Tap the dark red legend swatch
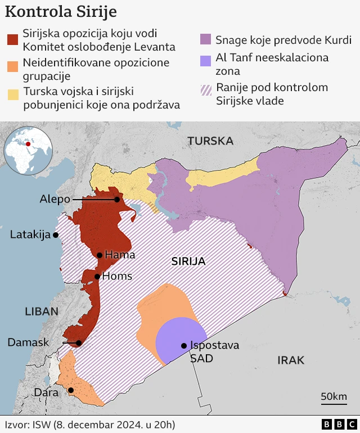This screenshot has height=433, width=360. click(13, 40)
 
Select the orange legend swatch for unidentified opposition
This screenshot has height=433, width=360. click(13, 67)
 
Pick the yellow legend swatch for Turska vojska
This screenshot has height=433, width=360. click(13, 93)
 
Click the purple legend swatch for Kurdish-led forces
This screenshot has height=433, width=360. click(205, 40)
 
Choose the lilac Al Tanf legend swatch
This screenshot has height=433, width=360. click(205, 61)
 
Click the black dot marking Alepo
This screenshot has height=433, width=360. click(117, 200)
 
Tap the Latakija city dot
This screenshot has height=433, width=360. click(56, 235)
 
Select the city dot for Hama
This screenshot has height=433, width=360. click(100, 255)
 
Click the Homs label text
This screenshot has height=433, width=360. click(118, 276)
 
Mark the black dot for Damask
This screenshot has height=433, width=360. click(79, 343)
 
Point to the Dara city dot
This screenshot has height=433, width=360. click(71, 390)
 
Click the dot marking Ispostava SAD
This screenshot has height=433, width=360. click(183, 346)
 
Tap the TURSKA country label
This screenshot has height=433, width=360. click(210, 141)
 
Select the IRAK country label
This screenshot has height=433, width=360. click(290, 360)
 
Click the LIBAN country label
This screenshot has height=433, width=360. click(42, 312)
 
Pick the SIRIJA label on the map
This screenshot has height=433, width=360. click(188, 261)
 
